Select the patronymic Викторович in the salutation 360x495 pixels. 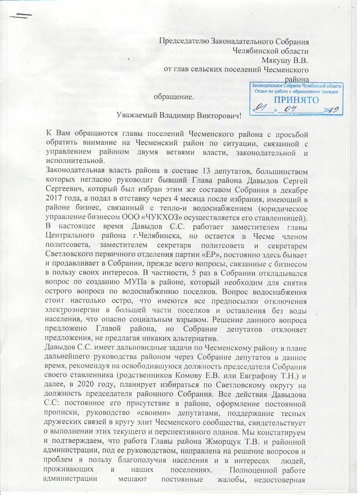[218, 114]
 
